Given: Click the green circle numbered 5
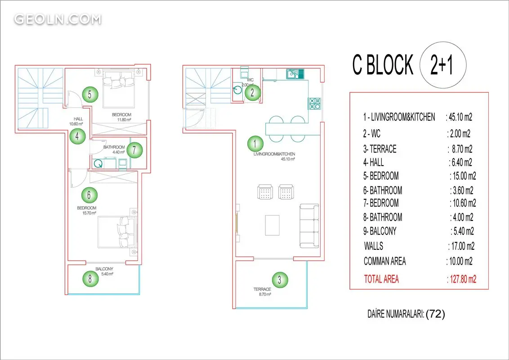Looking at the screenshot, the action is pos(90,94).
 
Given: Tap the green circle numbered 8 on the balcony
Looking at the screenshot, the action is pos(90,279).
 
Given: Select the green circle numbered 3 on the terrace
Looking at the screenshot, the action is pos(280,280).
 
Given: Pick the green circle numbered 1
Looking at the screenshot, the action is pos(255,144).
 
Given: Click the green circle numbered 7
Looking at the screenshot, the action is pos(134,150).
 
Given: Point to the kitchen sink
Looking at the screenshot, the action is pos(295,74).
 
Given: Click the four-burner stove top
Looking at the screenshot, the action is pos(315,104).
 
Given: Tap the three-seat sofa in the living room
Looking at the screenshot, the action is pos(309,226).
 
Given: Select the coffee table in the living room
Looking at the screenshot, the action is pos(272,225).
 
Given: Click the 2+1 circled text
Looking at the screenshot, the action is pos(443,65).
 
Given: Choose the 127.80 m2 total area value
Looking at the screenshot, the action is pos(462,279).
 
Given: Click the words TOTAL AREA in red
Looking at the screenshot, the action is pos(381,279).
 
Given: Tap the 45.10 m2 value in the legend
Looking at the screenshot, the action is pos(460,117).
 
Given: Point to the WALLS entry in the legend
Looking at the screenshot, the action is pos(374,246).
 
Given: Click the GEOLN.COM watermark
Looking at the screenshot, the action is pos(58,19).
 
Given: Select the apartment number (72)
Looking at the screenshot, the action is pos(435,314).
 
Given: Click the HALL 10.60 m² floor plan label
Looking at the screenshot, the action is pos(76,121).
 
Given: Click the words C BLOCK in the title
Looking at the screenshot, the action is pos(383,64).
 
